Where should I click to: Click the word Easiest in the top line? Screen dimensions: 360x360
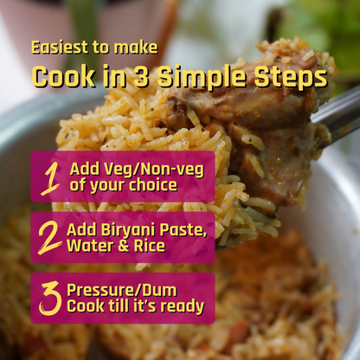(x=60, y=48)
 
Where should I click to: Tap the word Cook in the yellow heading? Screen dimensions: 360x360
(x=63, y=77)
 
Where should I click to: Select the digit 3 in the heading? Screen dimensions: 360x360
(x=141, y=77)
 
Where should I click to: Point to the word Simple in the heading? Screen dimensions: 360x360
(x=202, y=78)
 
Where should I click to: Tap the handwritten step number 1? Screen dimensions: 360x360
(x=51, y=179)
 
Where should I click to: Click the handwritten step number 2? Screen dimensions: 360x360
(x=49, y=238)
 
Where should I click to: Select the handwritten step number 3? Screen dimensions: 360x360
(x=50, y=299)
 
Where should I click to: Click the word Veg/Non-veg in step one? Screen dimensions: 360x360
(x=154, y=170)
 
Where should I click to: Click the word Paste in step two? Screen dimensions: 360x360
(x=183, y=230)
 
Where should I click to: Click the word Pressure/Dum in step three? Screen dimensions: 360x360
(x=122, y=290)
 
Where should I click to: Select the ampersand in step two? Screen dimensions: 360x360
(x=124, y=246)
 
